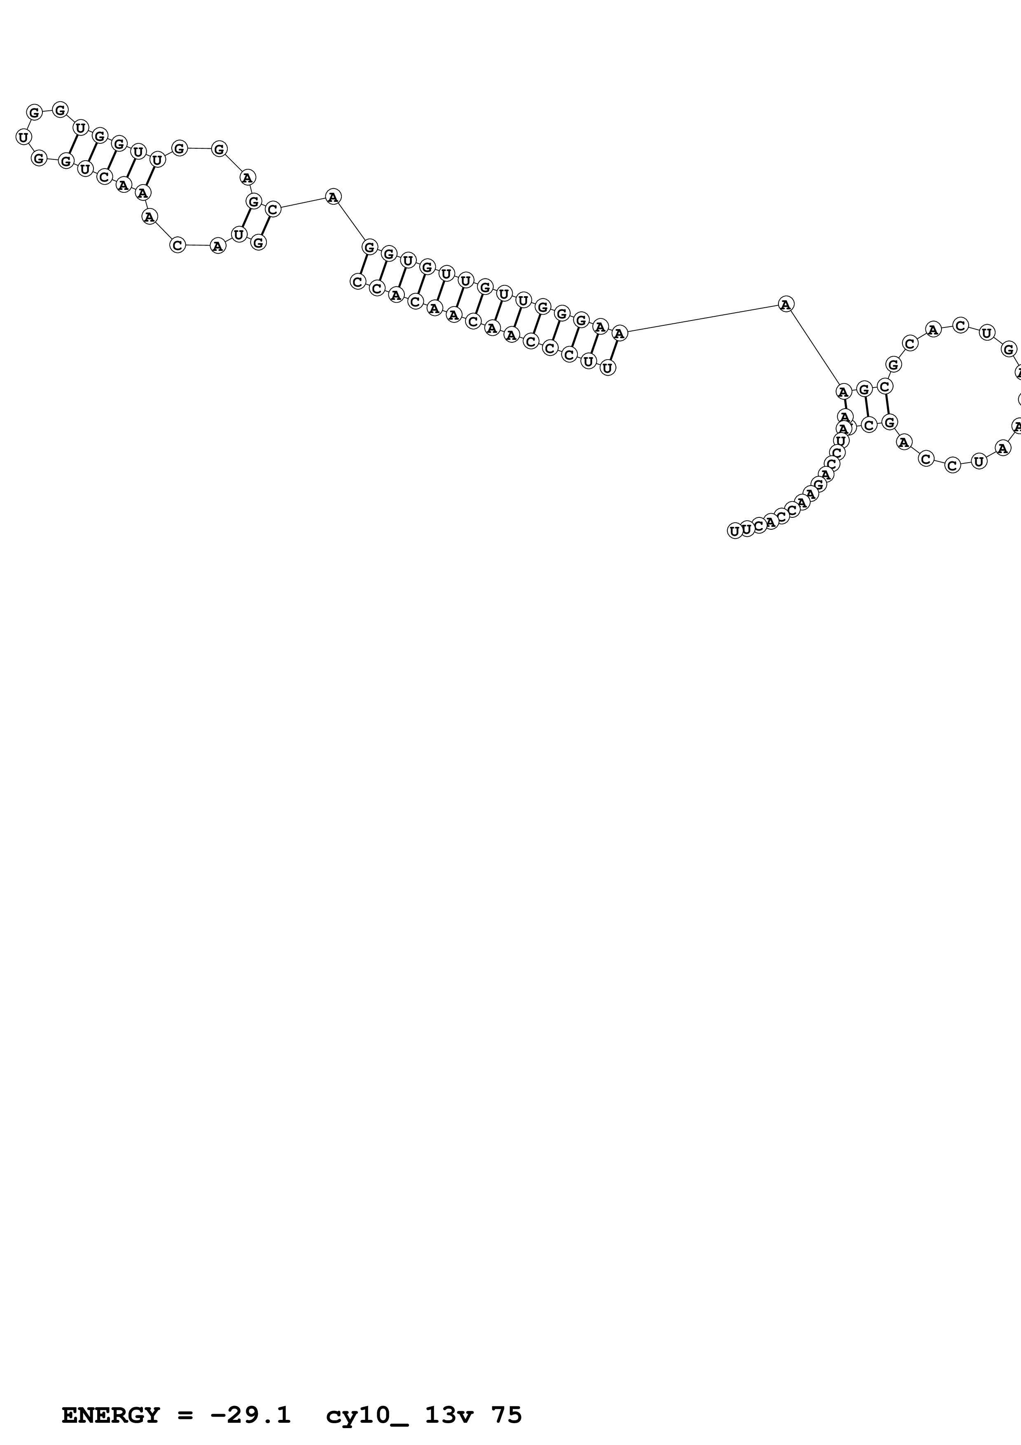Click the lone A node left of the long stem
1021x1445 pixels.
pos(333,197)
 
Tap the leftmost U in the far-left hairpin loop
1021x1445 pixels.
pos(23,137)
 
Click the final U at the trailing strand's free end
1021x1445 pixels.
pos(734,531)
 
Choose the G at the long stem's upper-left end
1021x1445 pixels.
pos(370,247)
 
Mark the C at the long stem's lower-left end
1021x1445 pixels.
pos(358,281)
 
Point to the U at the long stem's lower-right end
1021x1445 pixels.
pos(607,367)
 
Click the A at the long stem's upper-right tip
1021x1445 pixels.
pos(620,333)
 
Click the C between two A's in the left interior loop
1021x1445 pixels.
pos(178,245)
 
